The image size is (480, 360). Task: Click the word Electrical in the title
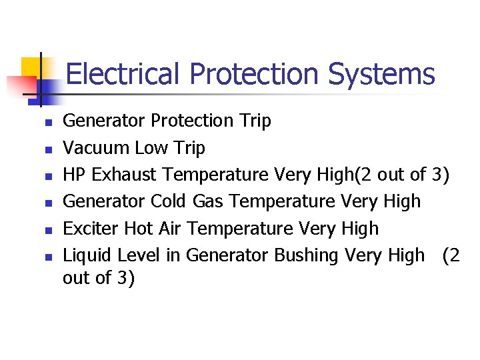(x=123, y=74)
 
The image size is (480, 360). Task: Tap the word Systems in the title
(x=381, y=74)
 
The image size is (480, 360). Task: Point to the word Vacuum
(x=96, y=147)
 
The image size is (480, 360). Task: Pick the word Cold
(x=169, y=201)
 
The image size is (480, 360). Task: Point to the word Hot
(x=139, y=229)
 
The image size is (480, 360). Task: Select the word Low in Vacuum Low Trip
(x=150, y=147)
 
